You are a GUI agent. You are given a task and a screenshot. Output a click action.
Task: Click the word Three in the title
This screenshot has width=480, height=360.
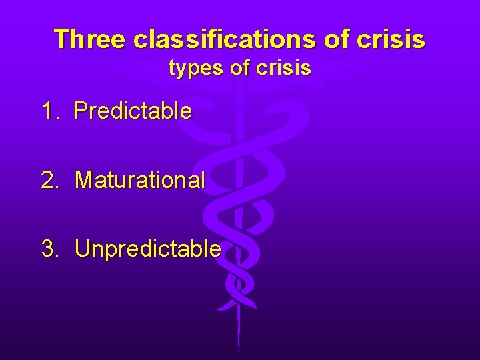(x=90, y=39)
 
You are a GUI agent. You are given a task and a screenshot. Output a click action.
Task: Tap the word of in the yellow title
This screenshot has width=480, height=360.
(x=338, y=39)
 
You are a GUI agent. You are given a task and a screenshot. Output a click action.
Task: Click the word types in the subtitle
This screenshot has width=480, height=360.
(x=197, y=68)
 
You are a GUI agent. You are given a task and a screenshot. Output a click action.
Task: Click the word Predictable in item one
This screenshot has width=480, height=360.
(x=133, y=111)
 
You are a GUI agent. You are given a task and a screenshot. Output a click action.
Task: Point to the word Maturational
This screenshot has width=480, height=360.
(x=140, y=179)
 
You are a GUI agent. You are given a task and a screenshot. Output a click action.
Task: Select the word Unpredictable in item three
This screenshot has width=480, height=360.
(x=148, y=249)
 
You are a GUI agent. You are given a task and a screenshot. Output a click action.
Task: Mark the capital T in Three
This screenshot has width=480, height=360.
(x=61, y=39)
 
